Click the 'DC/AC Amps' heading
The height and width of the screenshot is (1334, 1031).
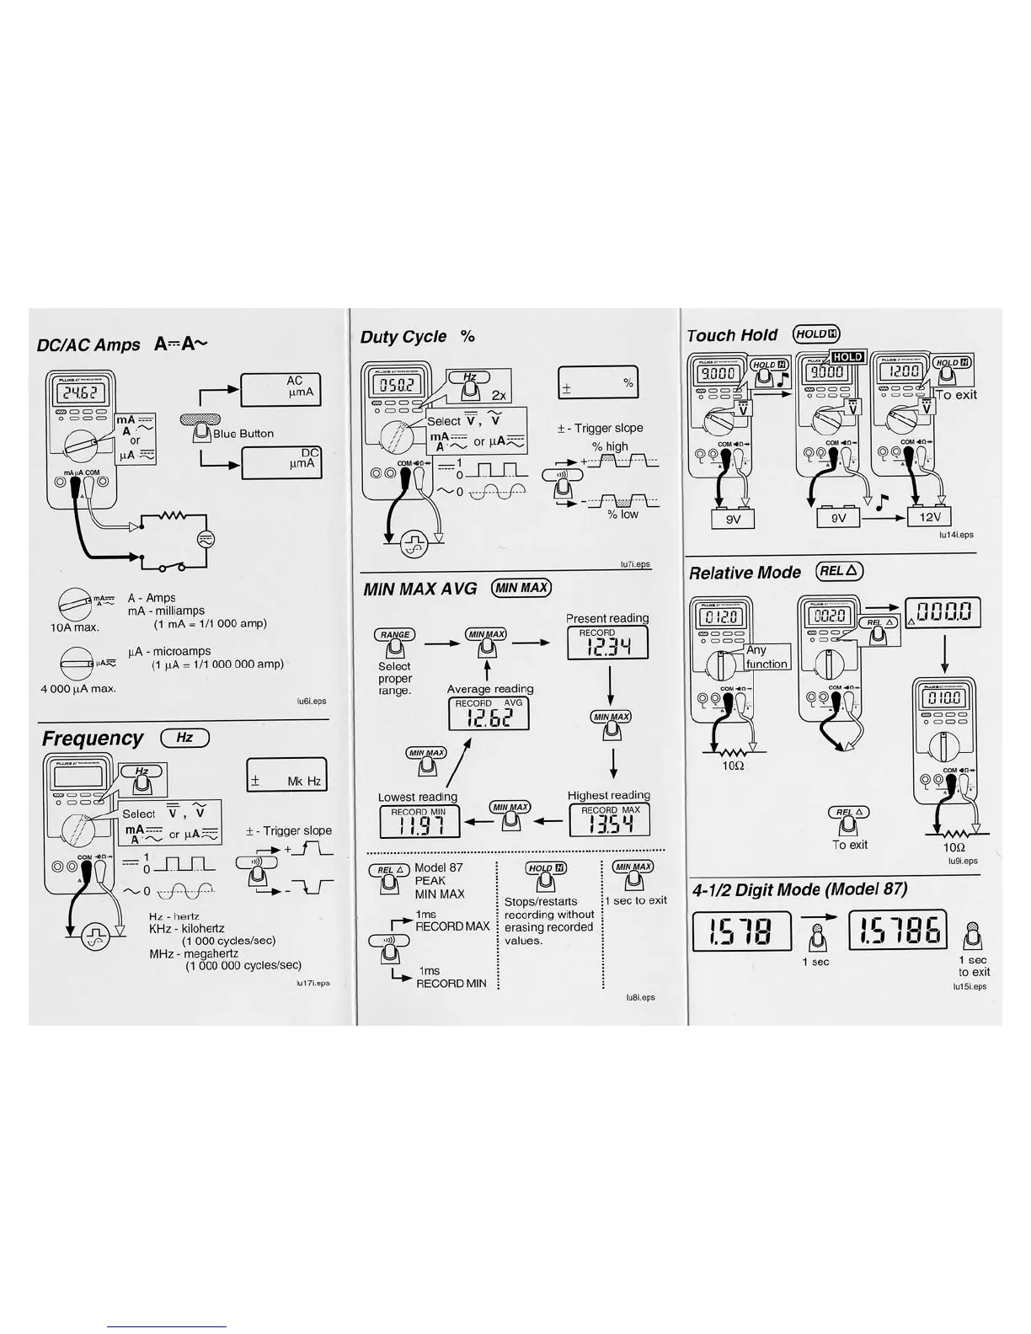click(x=88, y=344)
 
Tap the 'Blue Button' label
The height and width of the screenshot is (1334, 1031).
click(x=243, y=434)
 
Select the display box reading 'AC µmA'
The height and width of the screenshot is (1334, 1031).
click(x=280, y=389)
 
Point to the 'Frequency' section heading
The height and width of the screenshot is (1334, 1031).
click(x=93, y=739)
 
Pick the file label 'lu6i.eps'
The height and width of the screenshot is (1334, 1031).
click(x=311, y=701)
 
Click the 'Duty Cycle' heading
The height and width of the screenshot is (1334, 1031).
click(x=403, y=337)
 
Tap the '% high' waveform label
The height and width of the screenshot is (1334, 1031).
click(x=610, y=447)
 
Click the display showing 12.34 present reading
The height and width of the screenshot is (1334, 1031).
click(x=608, y=644)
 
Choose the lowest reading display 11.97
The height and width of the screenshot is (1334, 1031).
click(x=419, y=822)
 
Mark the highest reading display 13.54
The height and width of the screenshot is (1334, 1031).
click(x=609, y=820)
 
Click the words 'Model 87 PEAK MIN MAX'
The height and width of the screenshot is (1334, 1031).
click(x=439, y=881)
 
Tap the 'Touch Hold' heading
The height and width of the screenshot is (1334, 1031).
click(x=732, y=335)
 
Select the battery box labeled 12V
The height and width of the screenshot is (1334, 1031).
click(x=930, y=516)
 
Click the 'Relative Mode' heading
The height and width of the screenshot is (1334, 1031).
click(x=745, y=573)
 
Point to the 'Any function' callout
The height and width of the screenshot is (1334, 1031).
click(x=767, y=657)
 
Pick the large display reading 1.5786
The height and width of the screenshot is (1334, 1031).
click(x=897, y=931)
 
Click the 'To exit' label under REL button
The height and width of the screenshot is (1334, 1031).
click(x=850, y=845)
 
